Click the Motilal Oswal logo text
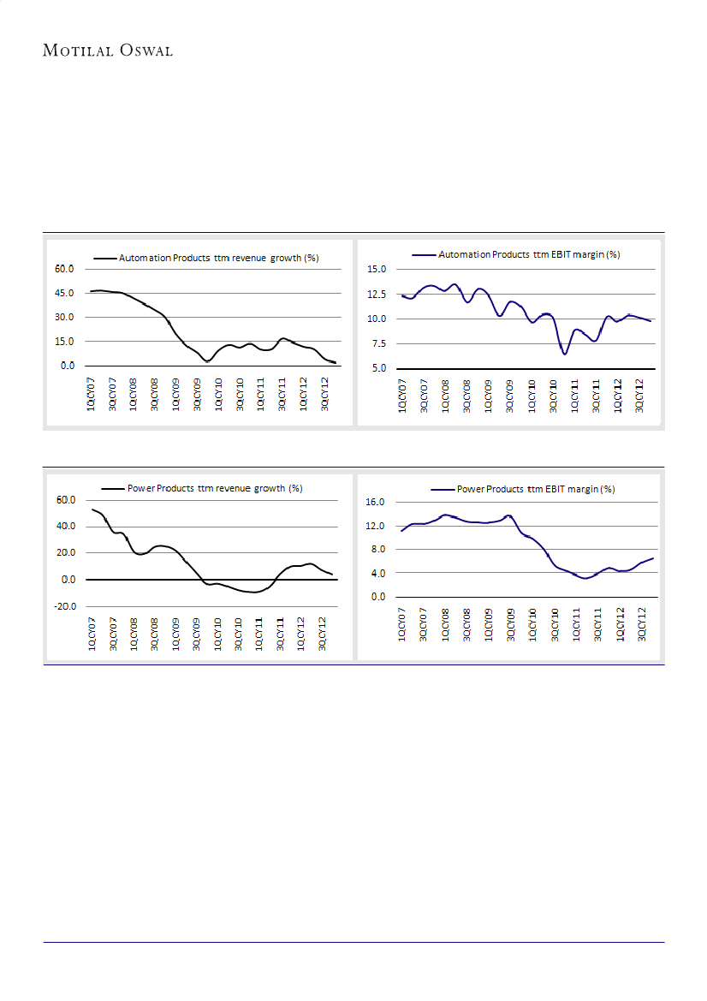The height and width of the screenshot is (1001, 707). point(108,51)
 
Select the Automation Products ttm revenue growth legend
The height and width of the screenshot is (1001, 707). point(217,257)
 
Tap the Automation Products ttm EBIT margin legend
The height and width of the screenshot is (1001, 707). point(528,254)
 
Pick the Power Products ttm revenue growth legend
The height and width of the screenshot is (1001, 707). point(214,488)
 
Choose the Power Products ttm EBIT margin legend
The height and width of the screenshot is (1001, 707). point(536,489)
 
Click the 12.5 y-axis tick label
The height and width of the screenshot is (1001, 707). point(377,295)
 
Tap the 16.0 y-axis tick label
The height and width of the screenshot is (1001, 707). point(377,502)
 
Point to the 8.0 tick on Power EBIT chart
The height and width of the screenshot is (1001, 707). point(379,549)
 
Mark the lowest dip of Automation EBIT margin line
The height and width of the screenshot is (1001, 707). point(565,353)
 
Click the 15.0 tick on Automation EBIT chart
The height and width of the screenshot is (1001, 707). point(377,270)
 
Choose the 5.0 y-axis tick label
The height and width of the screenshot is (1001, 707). point(379,369)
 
